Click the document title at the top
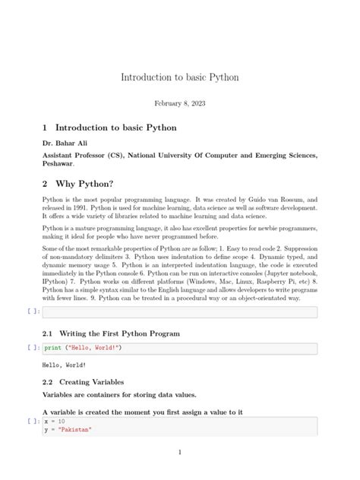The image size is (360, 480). point(179,77)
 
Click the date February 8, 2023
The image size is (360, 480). point(179,103)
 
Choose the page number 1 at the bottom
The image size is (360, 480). point(179,453)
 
